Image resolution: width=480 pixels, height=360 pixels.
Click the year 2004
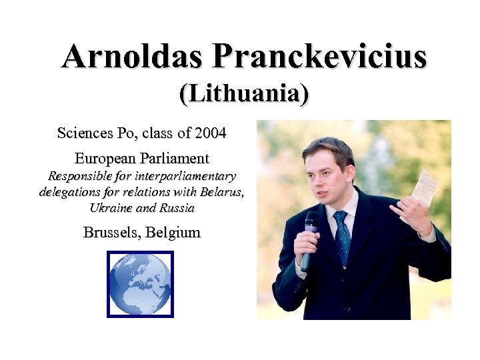tap(210, 133)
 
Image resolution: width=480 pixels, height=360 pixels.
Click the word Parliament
tap(175, 159)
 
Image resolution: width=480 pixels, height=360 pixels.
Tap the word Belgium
tap(173, 233)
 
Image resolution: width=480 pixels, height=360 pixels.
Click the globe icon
tap(140, 284)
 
